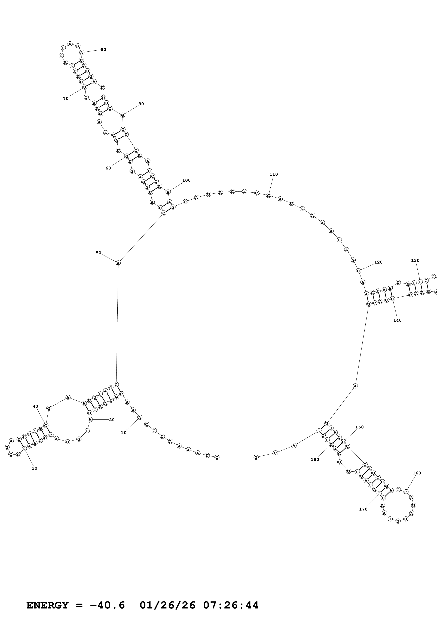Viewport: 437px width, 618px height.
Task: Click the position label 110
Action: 274,174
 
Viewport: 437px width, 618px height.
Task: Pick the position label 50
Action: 99,253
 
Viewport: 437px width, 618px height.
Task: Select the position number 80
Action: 103,50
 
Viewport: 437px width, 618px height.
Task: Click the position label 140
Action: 397,320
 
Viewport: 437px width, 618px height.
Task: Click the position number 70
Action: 66,98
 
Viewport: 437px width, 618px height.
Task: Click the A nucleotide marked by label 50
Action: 118,263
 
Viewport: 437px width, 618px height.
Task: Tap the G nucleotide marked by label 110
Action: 268,195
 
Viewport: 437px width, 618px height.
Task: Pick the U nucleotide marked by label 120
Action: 358,271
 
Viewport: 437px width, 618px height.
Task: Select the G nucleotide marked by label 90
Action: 123,115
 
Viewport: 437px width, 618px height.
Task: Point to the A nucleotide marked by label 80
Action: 82,52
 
